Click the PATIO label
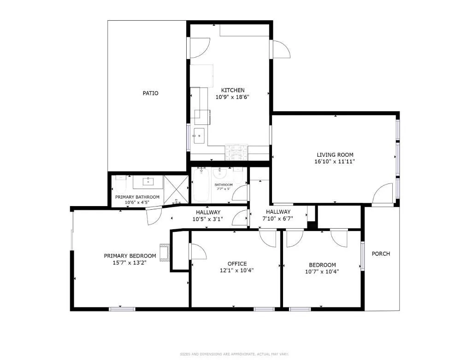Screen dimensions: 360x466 click(x=150, y=93)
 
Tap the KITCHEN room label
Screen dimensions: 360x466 click(x=233, y=90)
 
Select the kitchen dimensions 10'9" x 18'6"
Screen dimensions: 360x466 click(x=233, y=97)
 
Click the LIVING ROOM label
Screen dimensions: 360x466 click(x=335, y=155)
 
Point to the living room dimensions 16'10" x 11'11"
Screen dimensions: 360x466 click(x=335, y=162)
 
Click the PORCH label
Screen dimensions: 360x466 click(x=381, y=254)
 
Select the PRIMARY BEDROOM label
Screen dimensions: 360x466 click(x=130, y=256)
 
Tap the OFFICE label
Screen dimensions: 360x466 click(x=237, y=264)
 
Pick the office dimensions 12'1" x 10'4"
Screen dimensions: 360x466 click(x=237, y=271)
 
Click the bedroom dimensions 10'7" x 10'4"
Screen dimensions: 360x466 click(x=322, y=272)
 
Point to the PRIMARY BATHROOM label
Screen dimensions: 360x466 click(x=137, y=197)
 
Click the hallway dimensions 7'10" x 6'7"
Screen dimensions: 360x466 click(x=278, y=219)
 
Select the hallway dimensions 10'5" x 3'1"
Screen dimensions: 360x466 click(x=207, y=219)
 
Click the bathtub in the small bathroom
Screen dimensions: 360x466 click(x=201, y=186)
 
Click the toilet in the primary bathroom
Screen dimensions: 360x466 click(x=121, y=185)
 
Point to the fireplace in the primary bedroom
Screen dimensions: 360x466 click(x=165, y=253)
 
